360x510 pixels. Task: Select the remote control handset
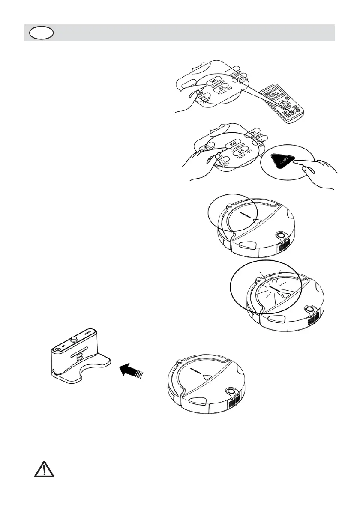(x=283, y=105)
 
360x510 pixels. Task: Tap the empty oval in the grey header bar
(x=41, y=33)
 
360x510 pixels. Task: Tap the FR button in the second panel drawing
(x=221, y=162)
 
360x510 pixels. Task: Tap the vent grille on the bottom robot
(x=234, y=403)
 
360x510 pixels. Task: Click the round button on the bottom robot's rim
(x=231, y=391)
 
